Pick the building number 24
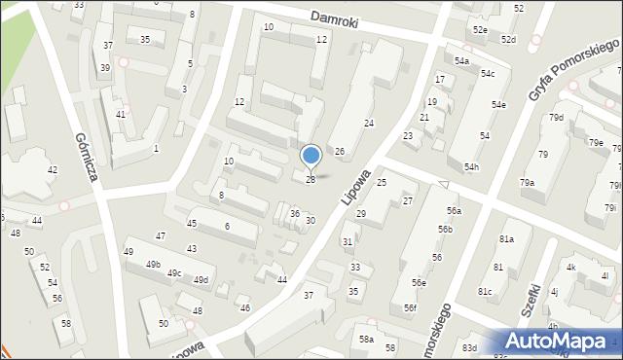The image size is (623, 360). pyautogui.click(x=369, y=123)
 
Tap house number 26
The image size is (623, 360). pyautogui.click(x=340, y=151)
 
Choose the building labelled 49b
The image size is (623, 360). pyautogui.click(x=153, y=265)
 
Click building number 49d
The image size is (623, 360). pyautogui.click(x=201, y=280)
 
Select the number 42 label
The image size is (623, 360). pyautogui.click(x=52, y=170)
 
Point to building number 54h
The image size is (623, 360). pyautogui.click(x=471, y=166)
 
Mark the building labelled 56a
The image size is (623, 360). pyautogui.click(x=454, y=210)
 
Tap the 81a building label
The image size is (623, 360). pyautogui.click(x=506, y=239)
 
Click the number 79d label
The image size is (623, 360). pyautogui.click(x=556, y=118)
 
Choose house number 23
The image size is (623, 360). pyautogui.click(x=408, y=136)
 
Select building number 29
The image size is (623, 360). pyautogui.click(x=360, y=213)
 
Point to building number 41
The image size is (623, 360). pyautogui.click(x=120, y=115)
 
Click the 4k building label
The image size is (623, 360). pyautogui.click(x=571, y=268)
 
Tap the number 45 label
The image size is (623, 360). pyautogui.click(x=192, y=224)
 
